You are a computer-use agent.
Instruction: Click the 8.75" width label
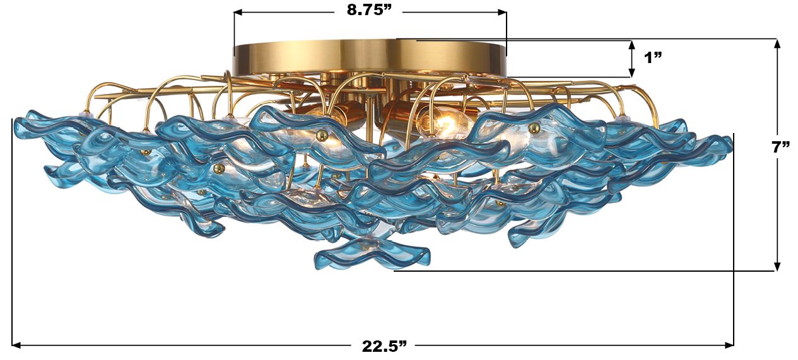tap(370, 11)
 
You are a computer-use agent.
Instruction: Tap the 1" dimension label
tap(652, 58)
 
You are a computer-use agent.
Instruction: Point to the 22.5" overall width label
tap(384, 345)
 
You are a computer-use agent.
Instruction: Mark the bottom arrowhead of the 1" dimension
tap(631, 73)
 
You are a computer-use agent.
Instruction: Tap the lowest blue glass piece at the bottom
tap(372, 253)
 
